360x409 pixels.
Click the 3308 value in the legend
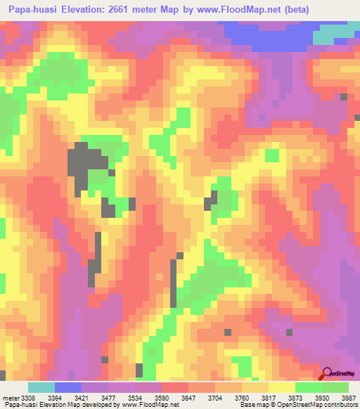point(27,398)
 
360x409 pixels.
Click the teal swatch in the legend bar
point(41,387)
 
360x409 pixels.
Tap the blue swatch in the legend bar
point(68,387)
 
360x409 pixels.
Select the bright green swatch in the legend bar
point(308,387)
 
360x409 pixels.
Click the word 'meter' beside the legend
point(10,398)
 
